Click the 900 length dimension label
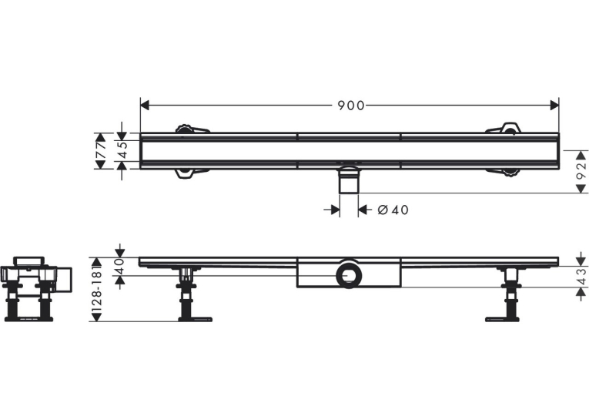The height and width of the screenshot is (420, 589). click(351, 106)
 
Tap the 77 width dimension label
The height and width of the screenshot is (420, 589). click(100, 151)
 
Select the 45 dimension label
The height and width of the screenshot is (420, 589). click(122, 151)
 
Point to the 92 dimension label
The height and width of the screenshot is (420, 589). click(581, 171)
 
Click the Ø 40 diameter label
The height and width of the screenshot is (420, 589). click(393, 210)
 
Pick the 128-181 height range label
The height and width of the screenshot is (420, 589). click(97, 290)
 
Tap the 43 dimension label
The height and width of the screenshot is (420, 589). click(581, 277)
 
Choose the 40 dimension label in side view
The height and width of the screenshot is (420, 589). click(119, 266)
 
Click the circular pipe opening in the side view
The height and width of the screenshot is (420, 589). click(350, 274)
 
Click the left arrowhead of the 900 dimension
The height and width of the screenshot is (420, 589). click(145, 106)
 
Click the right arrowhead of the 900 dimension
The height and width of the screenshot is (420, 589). click(554, 106)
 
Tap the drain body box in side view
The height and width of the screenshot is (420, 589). click(350, 273)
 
